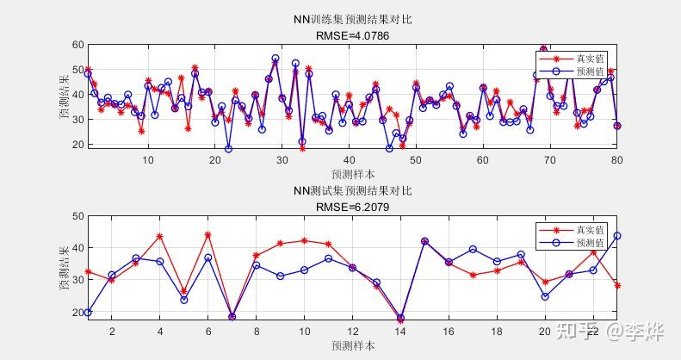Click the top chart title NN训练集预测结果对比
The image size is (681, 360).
[x=351, y=20]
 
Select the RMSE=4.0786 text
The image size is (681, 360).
[x=351, y=35]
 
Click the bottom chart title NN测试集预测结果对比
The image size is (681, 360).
[x=351, y=191]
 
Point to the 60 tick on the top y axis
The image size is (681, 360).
[x=77, y=45]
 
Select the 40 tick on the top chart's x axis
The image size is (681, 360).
[x=349, y=159]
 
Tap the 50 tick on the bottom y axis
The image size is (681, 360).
[x=77, y=216]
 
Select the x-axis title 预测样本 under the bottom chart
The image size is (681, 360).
[x=352, y=345]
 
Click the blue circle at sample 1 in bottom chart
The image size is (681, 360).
[x=88, y=313]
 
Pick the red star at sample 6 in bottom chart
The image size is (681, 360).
[x=207, y=235]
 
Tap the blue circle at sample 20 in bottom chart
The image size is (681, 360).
[x=545, y=296]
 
